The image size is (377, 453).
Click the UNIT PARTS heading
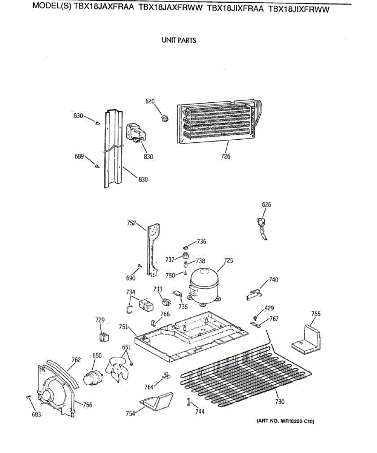[179, 40]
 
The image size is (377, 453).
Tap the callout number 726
[225, 156]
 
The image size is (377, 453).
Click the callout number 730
[279, 402]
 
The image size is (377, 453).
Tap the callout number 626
[267, 205]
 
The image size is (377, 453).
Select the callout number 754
[130, 413]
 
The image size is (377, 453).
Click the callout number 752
[131, 223]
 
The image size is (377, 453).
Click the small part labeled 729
[103, 336]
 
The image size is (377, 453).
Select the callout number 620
[150, 101]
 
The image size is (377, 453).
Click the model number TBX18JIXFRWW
[299, 9]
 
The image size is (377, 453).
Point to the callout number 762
[76, 360]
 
